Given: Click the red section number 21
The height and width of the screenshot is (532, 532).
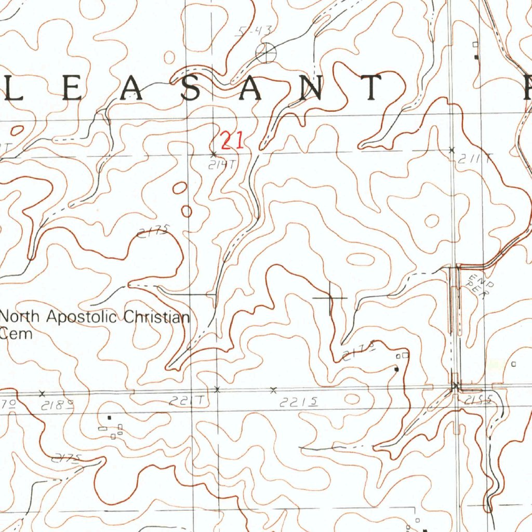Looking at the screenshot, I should (232, 141).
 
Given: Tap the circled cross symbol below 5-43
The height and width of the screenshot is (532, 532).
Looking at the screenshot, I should (266, 52).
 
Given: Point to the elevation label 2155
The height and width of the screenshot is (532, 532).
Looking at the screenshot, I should (477, 400).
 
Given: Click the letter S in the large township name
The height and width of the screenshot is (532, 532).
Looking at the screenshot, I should (192, 88).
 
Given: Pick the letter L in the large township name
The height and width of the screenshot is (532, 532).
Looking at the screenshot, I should (12, 88).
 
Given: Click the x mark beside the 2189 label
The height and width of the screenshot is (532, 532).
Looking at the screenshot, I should (43, 393).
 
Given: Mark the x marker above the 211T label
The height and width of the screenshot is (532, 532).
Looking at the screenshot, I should (452, 150).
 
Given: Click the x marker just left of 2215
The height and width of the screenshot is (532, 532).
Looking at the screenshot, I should (274, 390).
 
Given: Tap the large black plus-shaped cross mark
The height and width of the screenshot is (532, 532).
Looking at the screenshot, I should (330, 298).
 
